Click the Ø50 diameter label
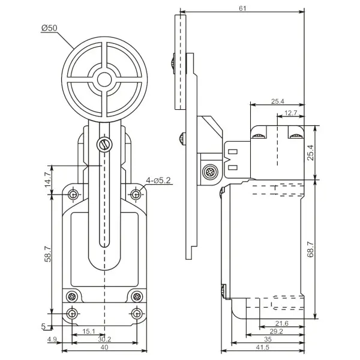point(49,28)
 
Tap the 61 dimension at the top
point(242,8)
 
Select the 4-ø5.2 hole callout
point(158,181)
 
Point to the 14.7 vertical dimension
point(48,179)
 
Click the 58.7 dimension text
point(48,254)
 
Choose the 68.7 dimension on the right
point(311,249)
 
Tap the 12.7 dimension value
point(290,113)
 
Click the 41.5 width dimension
point(262,347)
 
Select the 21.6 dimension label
point(282,323)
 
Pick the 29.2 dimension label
point(276,331)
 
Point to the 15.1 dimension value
point(89,331)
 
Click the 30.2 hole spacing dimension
point(104,339)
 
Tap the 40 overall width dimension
point(104,347)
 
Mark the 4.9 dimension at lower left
point(52,340)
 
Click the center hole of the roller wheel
point(104,79)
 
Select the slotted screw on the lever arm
point(104,145)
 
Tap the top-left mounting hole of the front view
point(73,194)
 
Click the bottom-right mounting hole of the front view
point(137,313)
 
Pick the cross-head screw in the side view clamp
point(210,172)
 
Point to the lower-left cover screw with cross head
point(72,296)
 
